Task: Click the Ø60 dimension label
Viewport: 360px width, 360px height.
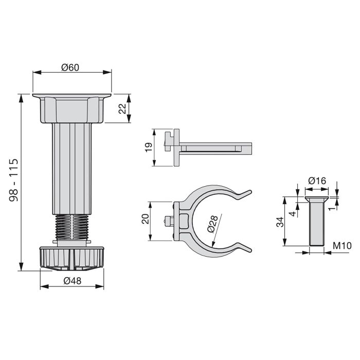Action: pyautogui.click(x=72, y=67)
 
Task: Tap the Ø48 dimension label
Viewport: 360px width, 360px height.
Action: pyautogui.click(x=72, y=281)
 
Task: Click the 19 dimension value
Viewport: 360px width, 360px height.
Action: pyautogui.click(x=148, y=147)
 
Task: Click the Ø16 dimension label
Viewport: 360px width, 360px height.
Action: pyautogui.click(x=317, y=181)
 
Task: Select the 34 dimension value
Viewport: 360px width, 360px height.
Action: pyautogui.click(x=280, y=222)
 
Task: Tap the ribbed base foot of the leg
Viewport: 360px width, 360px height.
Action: pyautogui.click(x=72, y=257)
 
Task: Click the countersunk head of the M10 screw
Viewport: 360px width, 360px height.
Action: pyautogui.click(x=317, y=200)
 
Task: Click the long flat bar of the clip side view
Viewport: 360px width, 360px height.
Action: pyautogui.click(x=216, y=148)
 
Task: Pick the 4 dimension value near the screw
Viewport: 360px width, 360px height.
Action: pyautogui.click(x=291, y=212)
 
